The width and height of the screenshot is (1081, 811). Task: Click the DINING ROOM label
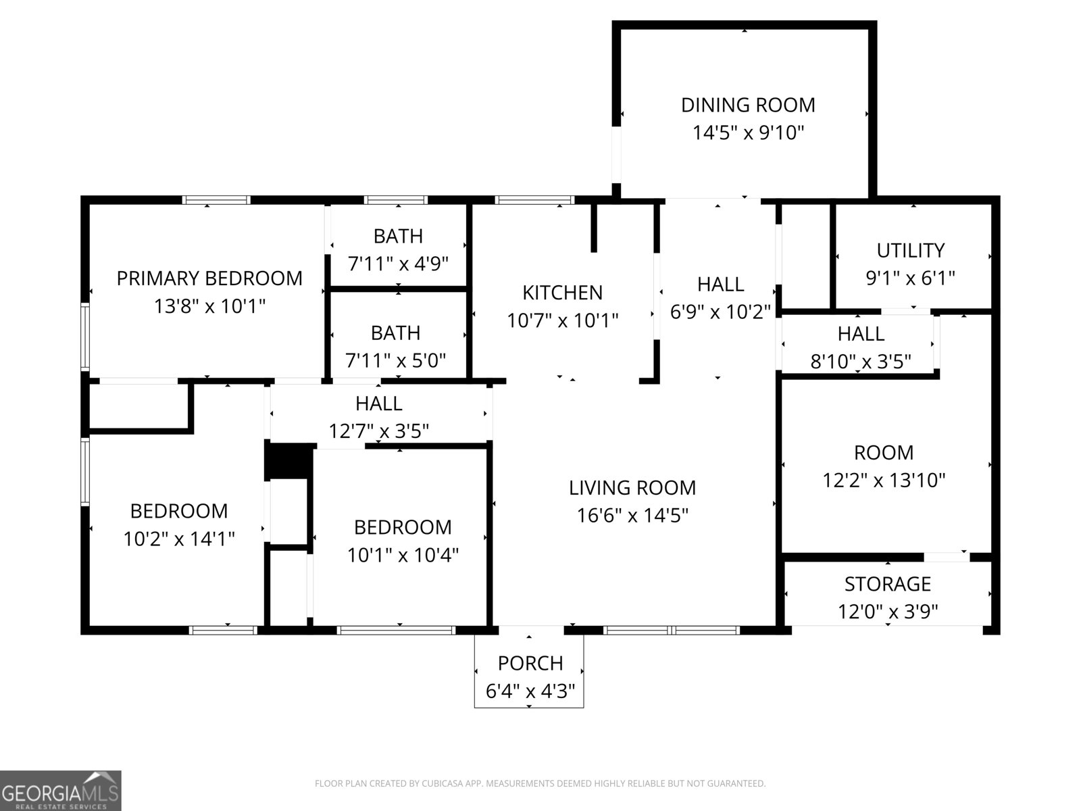(748, 105)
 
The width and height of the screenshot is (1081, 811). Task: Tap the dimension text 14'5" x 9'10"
(748, 132)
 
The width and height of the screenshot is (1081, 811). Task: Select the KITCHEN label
(562, 293)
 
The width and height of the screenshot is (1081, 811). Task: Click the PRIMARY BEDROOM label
(209, 278)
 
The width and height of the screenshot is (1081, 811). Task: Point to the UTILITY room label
(910, 251)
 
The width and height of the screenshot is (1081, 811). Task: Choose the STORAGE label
(887, 584)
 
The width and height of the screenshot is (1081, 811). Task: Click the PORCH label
(530, 664)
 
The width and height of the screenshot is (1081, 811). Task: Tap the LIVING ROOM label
(632, 488)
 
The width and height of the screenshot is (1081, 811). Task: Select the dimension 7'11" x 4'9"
(398, 264)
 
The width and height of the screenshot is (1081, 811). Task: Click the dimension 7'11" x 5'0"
(395, 361)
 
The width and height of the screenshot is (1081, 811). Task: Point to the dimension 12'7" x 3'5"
(378, 431)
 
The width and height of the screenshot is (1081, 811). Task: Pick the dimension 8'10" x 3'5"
(860, 362)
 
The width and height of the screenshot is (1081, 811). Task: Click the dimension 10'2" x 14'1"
(178, 539)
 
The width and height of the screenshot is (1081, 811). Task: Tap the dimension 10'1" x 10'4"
(403, 556)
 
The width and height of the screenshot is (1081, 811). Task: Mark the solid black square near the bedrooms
(289, 461)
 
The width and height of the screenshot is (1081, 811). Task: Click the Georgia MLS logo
(60, 791)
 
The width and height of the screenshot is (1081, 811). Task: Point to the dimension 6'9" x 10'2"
(720, 312)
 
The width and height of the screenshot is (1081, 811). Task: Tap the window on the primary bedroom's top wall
(216, 200)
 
